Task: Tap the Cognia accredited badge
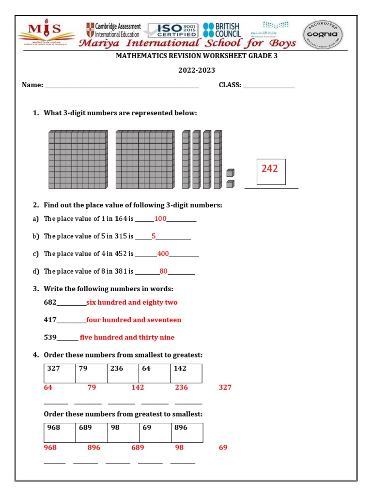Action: (x=323, y=34)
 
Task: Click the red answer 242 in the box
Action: (x=270, y=169)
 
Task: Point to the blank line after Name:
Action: (x=121, y=87)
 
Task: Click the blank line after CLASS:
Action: (x=268, y=87)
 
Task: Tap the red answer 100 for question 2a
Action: (x=160, y=219)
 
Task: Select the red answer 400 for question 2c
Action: (x=163, y=254)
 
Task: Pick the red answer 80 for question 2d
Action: (x=163, y=271)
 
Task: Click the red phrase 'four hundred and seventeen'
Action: (x=134, y=320)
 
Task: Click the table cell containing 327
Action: (x=60, y=373)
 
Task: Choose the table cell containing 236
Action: (x=123, y=373)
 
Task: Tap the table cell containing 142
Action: (x=186, y=373)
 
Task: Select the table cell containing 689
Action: (x=91, y=433)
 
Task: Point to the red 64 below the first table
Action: (x=48, y=387)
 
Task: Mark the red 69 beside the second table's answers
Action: (x=223, y=448)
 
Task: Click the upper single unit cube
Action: (x=230, y=172)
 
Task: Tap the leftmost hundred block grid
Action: (x=77, y=159)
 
